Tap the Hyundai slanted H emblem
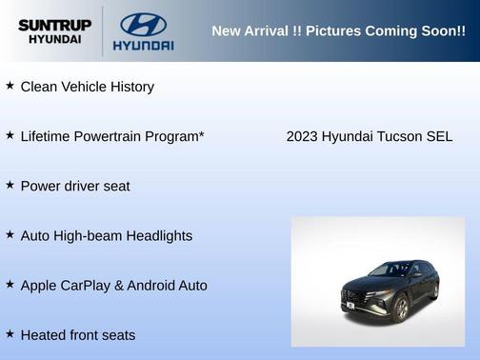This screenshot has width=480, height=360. [x=143, y=24]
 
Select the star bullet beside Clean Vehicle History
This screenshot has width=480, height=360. [x=10, y=86]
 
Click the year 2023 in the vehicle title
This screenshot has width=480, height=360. [x=302, y=136]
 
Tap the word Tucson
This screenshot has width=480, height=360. [x=401, y=136]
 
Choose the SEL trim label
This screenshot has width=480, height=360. [x=439, y=136]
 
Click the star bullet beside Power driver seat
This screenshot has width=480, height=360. [x=10, y=185]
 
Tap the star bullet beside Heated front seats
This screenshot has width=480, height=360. [x=10, y=334]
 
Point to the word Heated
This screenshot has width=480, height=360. [x=44, y=335]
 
